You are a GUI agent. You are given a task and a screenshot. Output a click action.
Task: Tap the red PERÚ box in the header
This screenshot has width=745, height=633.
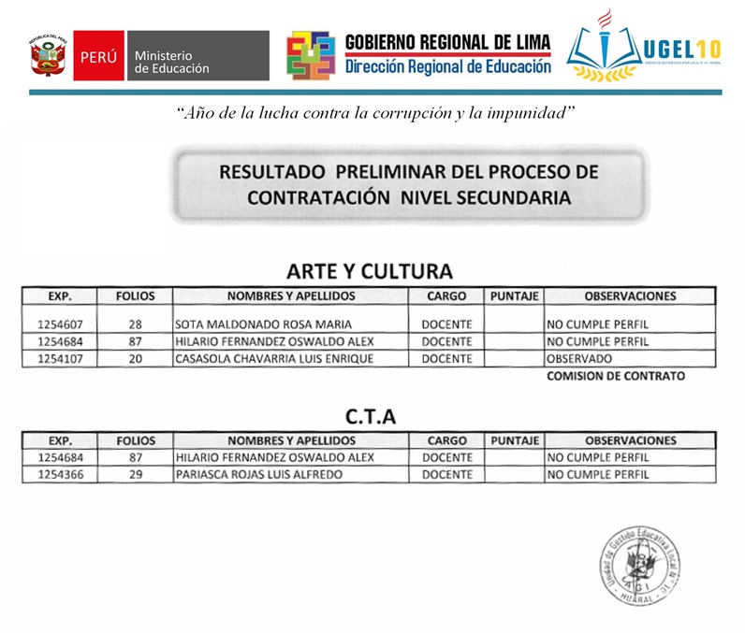(98, 56)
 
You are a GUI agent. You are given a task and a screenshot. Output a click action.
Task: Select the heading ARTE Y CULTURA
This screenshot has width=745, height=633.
(369, 271)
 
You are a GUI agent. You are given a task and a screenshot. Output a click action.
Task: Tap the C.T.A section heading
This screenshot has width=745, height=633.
(370, 417)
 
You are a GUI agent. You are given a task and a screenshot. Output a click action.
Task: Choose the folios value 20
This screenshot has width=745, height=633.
(135, 358)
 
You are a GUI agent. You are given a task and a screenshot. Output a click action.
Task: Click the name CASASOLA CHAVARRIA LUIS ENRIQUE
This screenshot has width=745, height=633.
(274, 358)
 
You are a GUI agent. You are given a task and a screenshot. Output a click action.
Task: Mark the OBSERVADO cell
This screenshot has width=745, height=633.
(580, 358)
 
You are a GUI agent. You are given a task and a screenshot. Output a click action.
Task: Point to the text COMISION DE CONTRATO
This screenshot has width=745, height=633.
(615, 376)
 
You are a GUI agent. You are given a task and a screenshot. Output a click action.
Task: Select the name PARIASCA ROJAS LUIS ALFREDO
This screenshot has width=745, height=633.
(258, 474)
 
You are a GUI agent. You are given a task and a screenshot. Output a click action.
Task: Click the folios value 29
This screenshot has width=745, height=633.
(135, 474)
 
